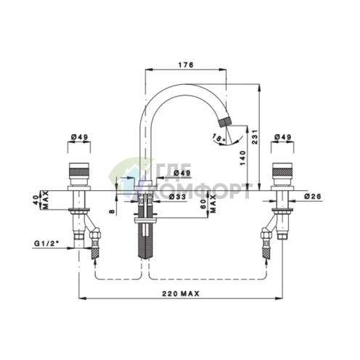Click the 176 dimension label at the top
coord(186,65)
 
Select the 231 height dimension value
coord(255,137)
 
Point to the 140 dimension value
coord(242,158)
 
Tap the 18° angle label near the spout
coord(218,137)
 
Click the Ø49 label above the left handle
coord(79,137)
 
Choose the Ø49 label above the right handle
coord(282,137)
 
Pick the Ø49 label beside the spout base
coord(182,173)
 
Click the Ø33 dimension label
coord(178,197)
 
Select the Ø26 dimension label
coord(313,196)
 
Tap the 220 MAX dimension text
coord(181,293)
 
